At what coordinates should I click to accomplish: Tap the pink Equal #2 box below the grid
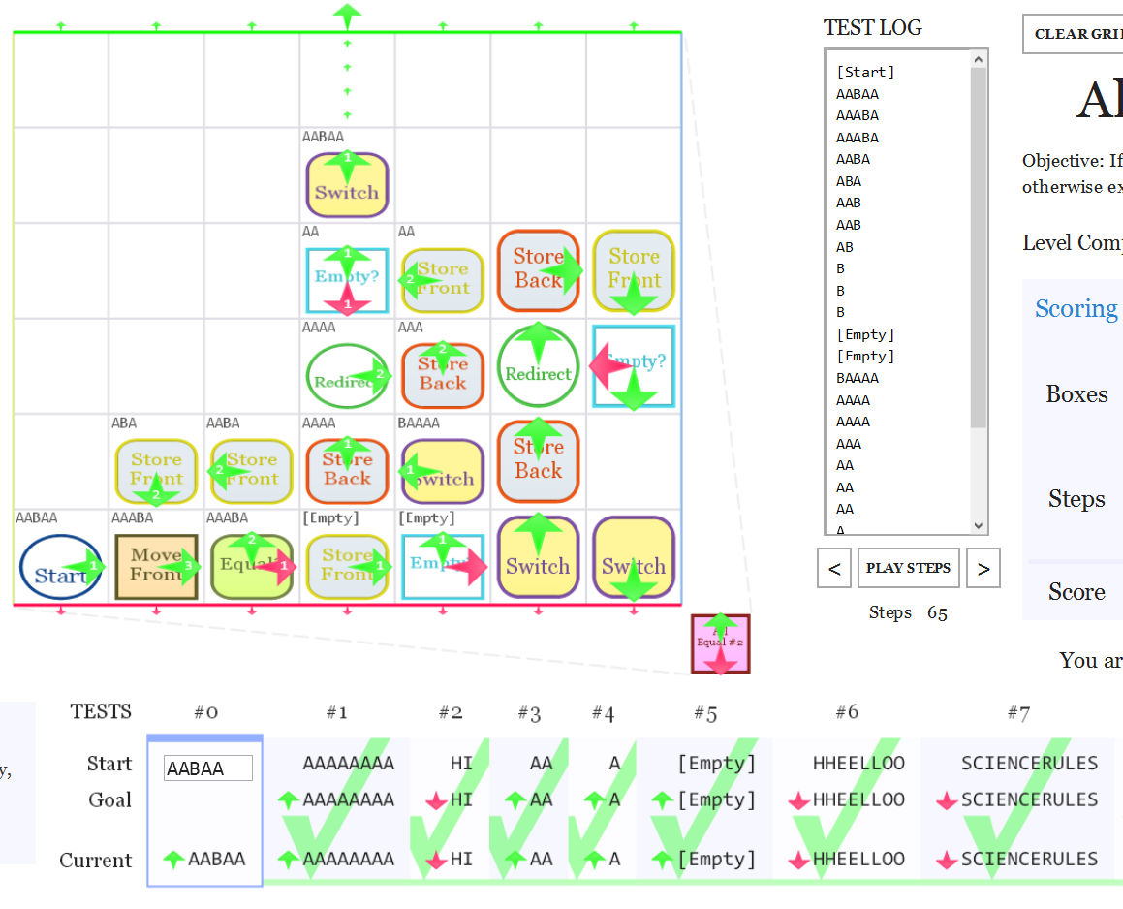coord(720,643)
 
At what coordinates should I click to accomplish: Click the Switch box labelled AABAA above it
coord(347,183)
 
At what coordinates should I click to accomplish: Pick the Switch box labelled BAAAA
coord(443,472)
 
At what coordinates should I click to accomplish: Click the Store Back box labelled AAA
coord(443,375)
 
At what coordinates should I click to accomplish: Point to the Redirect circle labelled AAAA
coord(347,375)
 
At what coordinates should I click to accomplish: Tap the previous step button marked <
coord(834,568)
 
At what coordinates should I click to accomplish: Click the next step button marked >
coord(983,568)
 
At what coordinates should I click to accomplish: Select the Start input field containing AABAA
coord(208,768)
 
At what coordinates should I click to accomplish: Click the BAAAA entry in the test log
coord(858,378)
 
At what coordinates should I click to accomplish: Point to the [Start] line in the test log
coord(865,72)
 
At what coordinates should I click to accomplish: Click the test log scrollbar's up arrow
coord(978,59)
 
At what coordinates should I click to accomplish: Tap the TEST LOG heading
coord(872,27)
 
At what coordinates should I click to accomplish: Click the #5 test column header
coord(704,713)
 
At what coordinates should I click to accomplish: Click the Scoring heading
coord(1076,308)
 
